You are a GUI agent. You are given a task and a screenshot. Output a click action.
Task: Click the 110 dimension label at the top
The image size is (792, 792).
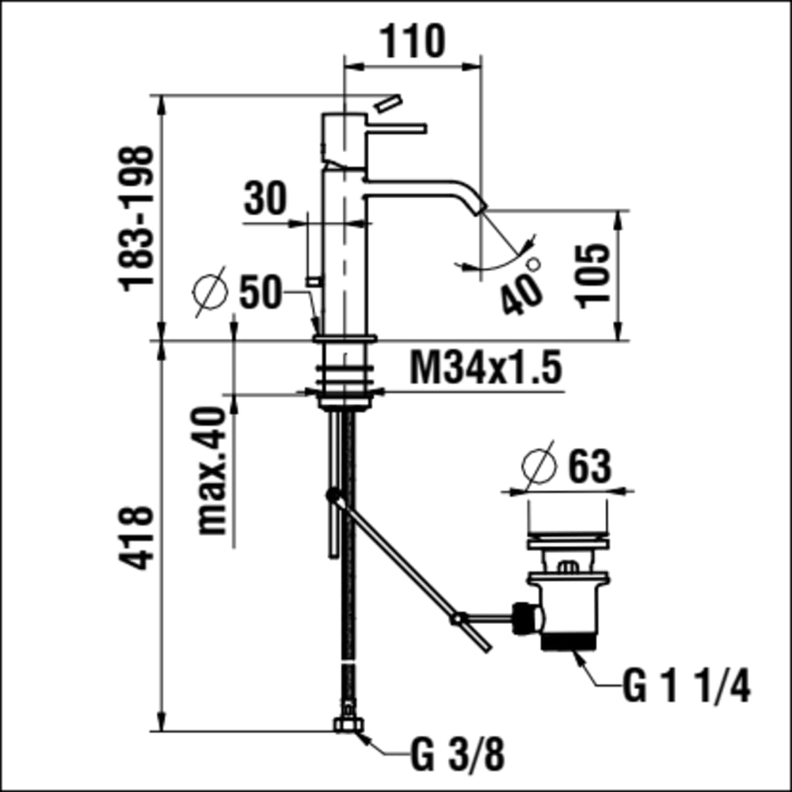(x=412, y=41)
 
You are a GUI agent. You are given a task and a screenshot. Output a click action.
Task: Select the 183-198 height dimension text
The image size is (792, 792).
(x=136, y=219)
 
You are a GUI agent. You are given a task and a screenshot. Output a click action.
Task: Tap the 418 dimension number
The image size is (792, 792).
(x=136, y=538)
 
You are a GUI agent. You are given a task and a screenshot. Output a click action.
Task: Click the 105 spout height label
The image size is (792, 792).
(x=593, y=276)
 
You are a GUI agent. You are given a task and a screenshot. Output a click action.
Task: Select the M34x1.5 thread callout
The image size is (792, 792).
(x=485, y=367)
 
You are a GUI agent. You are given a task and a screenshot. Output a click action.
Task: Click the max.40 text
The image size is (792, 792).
(x=211, y=470)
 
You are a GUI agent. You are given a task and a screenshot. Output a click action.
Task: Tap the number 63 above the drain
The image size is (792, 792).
(x=590, y=466)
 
